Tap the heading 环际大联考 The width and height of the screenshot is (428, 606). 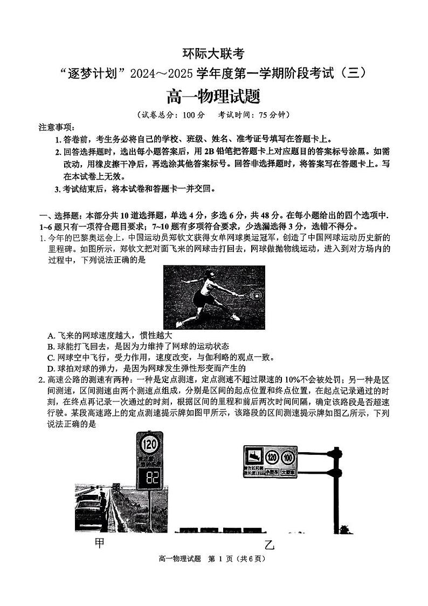tap(213, 54)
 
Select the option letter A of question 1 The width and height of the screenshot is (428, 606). tap(51, 335)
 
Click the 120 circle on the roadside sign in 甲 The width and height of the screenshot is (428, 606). tap(149, 445)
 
